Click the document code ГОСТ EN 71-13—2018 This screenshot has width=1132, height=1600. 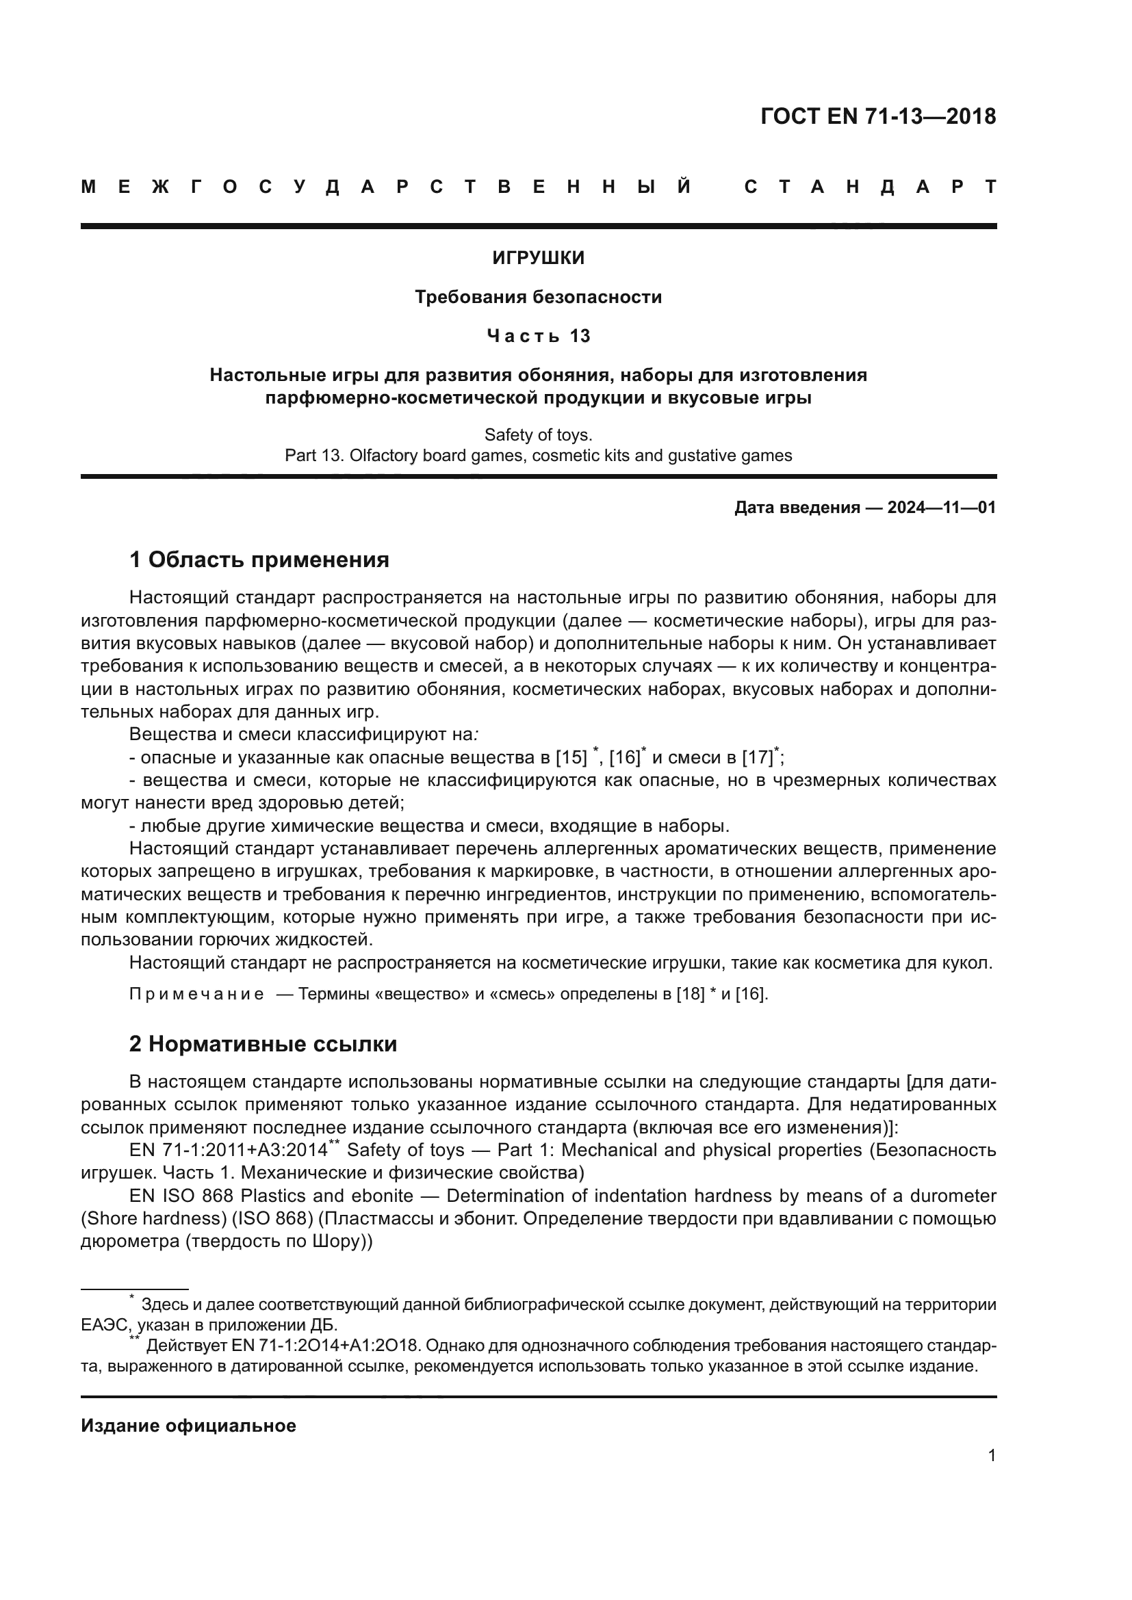click(x=877, y=116)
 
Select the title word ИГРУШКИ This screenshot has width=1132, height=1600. click(x=538, y=258)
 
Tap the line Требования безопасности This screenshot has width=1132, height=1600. click(x=538, y=297)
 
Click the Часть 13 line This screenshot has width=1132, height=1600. click(x=538, y=336)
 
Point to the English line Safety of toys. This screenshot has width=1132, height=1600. click(x=538, y=435)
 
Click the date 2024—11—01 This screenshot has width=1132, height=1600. click(x=941, y=508)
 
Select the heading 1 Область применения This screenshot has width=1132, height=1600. click(x=259, y=560)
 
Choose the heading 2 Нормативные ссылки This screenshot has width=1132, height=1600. click(x=263, y=1044)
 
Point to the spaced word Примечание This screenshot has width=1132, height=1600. click(x=196, y=994)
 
